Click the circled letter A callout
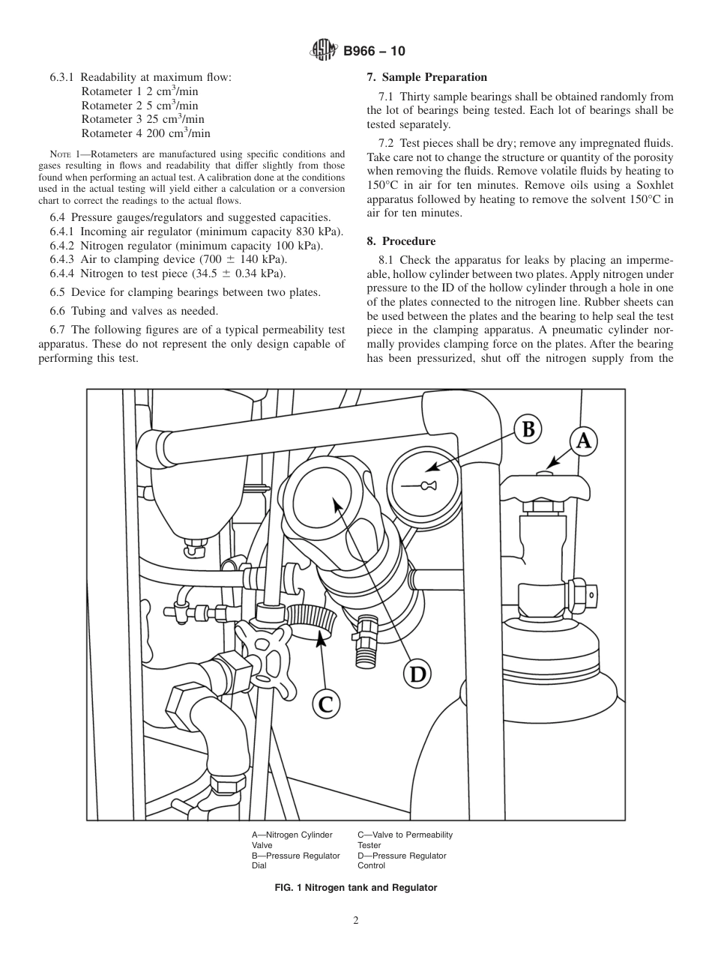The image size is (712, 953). coord(583,441)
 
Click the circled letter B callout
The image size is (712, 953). coord(528,429)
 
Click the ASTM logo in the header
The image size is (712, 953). coord(324,51)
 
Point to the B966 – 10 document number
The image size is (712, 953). coord(375,51)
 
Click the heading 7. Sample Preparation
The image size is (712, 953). coord(426,77)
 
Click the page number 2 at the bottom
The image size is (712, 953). coord(356,921)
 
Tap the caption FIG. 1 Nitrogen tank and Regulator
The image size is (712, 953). coord(356,887)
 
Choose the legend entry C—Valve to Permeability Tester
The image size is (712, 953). coord(405,840)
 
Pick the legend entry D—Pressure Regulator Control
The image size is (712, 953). coord(402,860)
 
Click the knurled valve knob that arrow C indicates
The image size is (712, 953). coord(310,619)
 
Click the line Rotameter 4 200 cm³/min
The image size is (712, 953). coord(145,133)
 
